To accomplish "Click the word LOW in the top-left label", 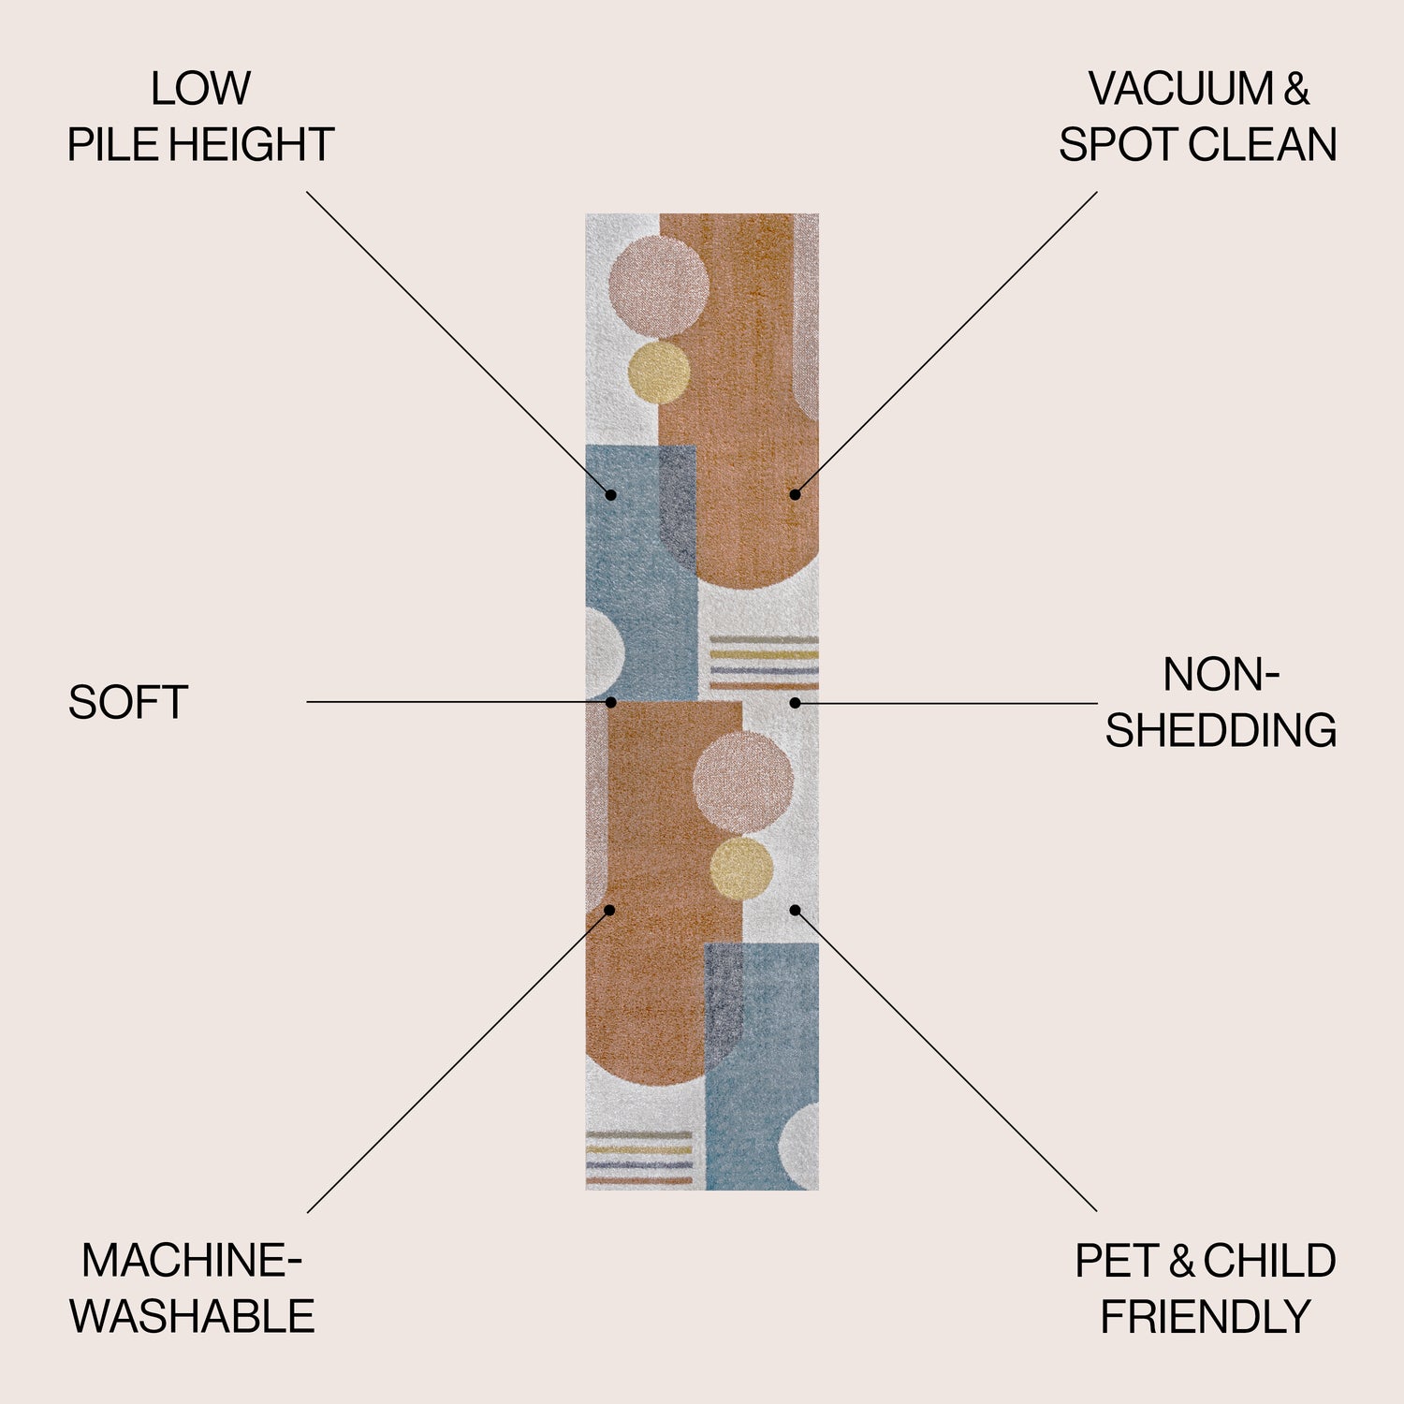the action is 200,89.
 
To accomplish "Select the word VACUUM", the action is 1180,89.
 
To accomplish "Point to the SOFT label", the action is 128,703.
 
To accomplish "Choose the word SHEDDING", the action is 1221,731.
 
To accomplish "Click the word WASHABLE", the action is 192,1317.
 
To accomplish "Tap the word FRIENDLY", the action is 1206,1317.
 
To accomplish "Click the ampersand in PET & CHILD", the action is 1181,1261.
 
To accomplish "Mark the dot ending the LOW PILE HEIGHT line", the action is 610,494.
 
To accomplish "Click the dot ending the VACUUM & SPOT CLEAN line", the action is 795,494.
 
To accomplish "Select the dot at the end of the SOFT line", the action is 610,702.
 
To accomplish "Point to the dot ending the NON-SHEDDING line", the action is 795,702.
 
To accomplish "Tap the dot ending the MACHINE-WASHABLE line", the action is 609,910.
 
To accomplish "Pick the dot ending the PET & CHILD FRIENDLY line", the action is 795,910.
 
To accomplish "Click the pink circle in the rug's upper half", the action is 658,286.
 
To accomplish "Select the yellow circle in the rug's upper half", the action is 659,373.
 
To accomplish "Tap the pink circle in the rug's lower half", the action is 743,782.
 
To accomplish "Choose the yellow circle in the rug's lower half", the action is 741,869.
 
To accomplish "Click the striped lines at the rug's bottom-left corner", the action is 639,1159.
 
